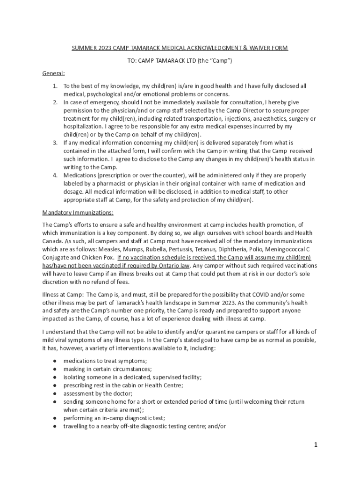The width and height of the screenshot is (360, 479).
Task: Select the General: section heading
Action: (x=54, y=73)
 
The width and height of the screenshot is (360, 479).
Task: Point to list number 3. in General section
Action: (x=55, y=142)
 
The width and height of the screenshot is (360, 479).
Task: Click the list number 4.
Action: (x=55, y=175)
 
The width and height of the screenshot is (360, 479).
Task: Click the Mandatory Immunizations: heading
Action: (x=78, y=212)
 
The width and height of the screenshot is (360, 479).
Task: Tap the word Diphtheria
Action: (x=239, y=249)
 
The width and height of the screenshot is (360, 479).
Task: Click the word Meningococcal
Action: (x=286, y=249)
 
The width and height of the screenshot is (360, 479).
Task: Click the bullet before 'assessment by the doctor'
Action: (x=55, y=393)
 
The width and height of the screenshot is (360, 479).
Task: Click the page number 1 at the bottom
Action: (x=316, y=445)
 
